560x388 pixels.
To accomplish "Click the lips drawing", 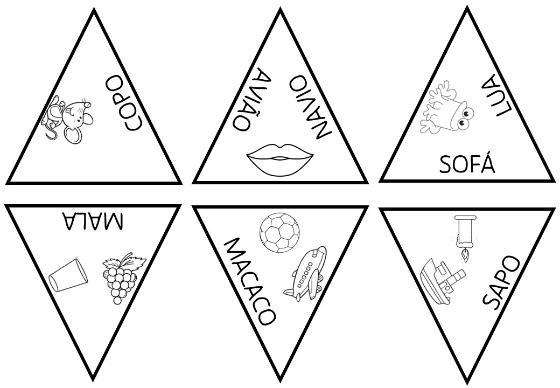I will coord(280,158).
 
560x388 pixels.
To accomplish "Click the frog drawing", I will coord(446,111).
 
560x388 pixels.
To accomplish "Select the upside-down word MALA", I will coord(93,221).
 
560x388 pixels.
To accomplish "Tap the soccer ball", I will coord(278,232).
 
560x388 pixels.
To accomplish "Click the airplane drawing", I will coord(306,273).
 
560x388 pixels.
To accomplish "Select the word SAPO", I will coord(500,282).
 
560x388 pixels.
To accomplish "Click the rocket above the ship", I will coord(465,234).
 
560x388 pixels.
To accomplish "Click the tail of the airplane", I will coord(290,293).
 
